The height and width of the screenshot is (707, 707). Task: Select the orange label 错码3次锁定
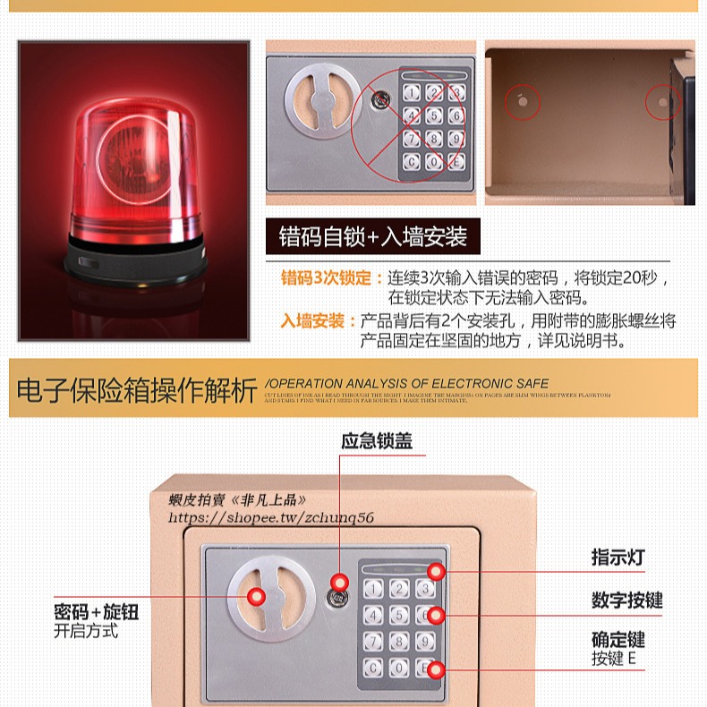coord(326,278)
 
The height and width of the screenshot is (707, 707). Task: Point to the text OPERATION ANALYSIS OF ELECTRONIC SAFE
coord(407,383)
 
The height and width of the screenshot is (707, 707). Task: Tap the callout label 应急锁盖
coord(377,441)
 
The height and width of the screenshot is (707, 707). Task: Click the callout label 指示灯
coord(618,557)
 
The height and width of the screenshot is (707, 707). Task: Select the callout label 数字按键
coord(626,600)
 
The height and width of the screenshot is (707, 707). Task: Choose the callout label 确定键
coord(618,640)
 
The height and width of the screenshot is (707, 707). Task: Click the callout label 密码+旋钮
coord(97,612)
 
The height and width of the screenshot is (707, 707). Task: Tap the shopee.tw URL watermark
coord(271,517)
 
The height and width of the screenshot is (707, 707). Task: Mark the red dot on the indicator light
coord(435,572)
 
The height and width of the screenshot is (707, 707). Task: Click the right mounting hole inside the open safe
coord(663,102)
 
